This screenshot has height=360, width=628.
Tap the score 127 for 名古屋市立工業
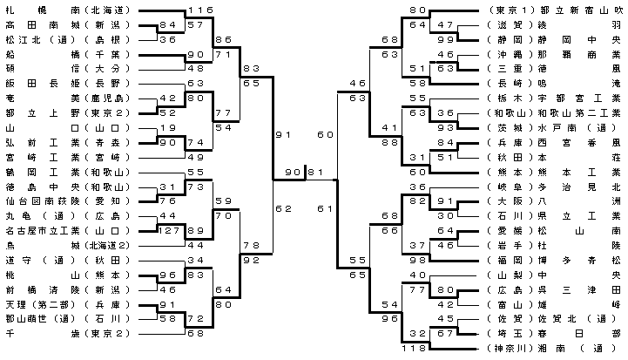[168, 231]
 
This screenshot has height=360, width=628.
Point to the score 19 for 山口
[168, 128]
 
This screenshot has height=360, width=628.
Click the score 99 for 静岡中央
[448, 40]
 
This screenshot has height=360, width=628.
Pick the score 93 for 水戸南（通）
[448, 128]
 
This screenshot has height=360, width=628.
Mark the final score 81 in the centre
[316, 171]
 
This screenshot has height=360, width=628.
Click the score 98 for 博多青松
[421, 261]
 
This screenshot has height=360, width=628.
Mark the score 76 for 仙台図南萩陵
[168, 201]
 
